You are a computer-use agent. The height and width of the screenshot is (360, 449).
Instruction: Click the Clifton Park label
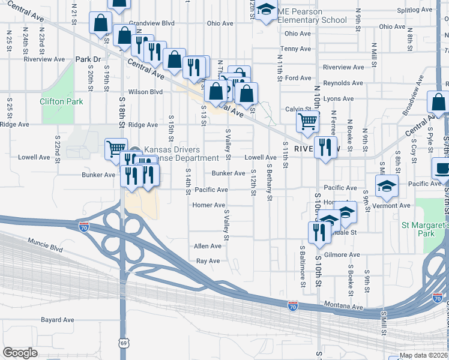[61, 101]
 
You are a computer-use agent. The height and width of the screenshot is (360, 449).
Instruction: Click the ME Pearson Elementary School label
[312, 16]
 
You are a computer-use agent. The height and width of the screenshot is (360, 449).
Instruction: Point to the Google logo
[20, 353]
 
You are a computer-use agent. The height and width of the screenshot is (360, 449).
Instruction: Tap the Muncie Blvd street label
[45, 245]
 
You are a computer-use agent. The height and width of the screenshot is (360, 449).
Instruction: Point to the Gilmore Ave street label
[342, 254]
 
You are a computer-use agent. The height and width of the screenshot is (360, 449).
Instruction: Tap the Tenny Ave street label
[297, 49]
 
